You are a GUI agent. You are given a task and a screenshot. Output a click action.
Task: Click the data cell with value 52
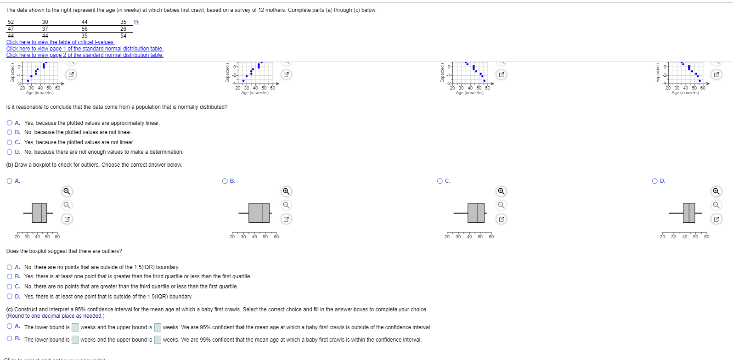[11, 22]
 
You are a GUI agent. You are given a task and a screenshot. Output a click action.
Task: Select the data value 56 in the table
[85, 29]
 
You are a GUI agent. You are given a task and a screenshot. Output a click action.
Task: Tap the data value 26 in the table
[123, 29]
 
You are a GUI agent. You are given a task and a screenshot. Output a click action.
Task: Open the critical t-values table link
[60, 42]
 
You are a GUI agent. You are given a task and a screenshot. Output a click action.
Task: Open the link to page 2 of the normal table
[85, 55]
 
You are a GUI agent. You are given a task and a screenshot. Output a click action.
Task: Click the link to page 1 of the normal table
[85, 49]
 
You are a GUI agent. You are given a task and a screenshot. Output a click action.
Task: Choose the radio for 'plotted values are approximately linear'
[10, 123]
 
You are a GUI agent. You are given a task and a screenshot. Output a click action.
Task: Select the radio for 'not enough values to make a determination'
[10, 152]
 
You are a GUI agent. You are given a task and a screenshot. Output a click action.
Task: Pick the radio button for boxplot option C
[440, 181]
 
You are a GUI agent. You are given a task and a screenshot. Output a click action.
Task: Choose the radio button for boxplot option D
[655, 181]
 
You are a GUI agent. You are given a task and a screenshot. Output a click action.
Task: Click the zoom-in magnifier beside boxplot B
[286, 191]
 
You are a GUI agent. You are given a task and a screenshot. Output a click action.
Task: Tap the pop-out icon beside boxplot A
[67, 219]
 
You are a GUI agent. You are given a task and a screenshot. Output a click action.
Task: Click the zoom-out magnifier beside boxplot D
[716, 205]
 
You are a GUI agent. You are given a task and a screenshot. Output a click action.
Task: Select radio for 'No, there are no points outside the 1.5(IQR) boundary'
[10, 267]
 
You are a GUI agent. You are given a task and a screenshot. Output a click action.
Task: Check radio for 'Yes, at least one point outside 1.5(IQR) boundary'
[10, 297]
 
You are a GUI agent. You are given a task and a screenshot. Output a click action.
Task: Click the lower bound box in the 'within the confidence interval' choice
[75, 340]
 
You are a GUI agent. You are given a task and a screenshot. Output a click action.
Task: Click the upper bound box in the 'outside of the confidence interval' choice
[158, 327]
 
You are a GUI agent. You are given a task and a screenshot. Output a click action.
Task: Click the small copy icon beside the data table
[136, 22]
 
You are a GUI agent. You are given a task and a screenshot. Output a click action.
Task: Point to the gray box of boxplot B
[259, 213]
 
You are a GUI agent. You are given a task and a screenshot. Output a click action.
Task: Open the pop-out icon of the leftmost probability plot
[71, 74]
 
